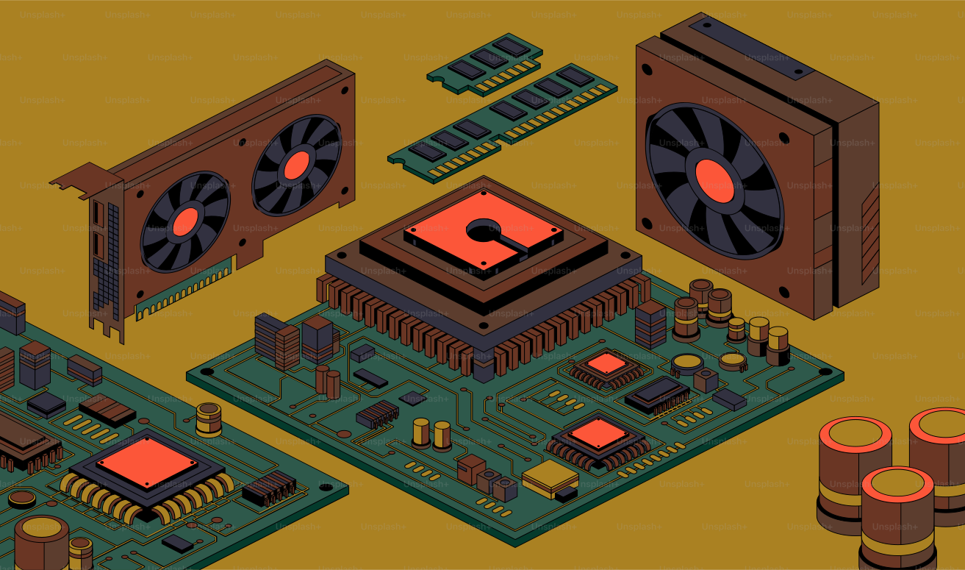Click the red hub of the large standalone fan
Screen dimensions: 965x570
(x=714, y=181)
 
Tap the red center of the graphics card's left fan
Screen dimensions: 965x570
(x=186, y=221)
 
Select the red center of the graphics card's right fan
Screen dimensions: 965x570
(x=297, y=165)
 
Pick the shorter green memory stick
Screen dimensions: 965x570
(x=485, y=64)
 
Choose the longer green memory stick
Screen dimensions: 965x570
(x=502, y=124)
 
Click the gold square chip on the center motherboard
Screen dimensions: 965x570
(x=550, y=478)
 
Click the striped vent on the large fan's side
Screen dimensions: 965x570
(x=869, y=235)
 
